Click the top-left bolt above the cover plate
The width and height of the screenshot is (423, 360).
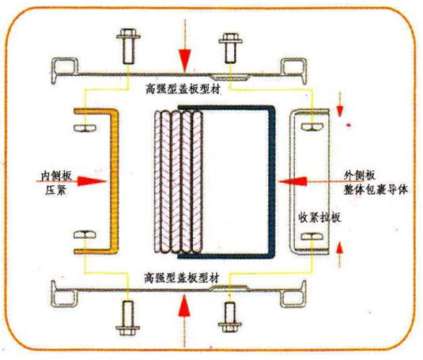tap(128, 46)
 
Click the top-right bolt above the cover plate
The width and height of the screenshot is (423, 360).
tap(231, 48)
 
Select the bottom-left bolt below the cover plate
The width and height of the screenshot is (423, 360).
tap(128, 317)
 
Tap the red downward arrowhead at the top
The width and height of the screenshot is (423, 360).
tap(185, 60)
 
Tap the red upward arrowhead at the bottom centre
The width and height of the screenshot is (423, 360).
tap(184, 305)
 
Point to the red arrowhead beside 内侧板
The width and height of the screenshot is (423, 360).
tap(92, 181)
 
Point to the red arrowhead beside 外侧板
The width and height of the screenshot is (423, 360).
tap(293, 182)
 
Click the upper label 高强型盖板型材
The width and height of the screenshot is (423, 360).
tap(183, 89)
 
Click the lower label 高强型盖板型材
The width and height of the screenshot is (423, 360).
tap(182, 278)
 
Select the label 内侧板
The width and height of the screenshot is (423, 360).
tap(56, 176)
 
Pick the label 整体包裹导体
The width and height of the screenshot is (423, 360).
tap(376, 190)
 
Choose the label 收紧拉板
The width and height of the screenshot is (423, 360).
tap(319, 218)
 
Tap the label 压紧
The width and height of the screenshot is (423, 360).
tap(55, 191)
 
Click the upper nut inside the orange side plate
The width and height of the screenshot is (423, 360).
tap(85, 127)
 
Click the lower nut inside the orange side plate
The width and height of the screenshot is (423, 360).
tap(85, 234)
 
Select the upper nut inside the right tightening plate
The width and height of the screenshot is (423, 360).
tap(312, 127)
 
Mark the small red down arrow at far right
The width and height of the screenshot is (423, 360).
tap(340, 105)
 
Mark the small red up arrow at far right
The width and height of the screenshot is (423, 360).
tap(340, 254)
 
